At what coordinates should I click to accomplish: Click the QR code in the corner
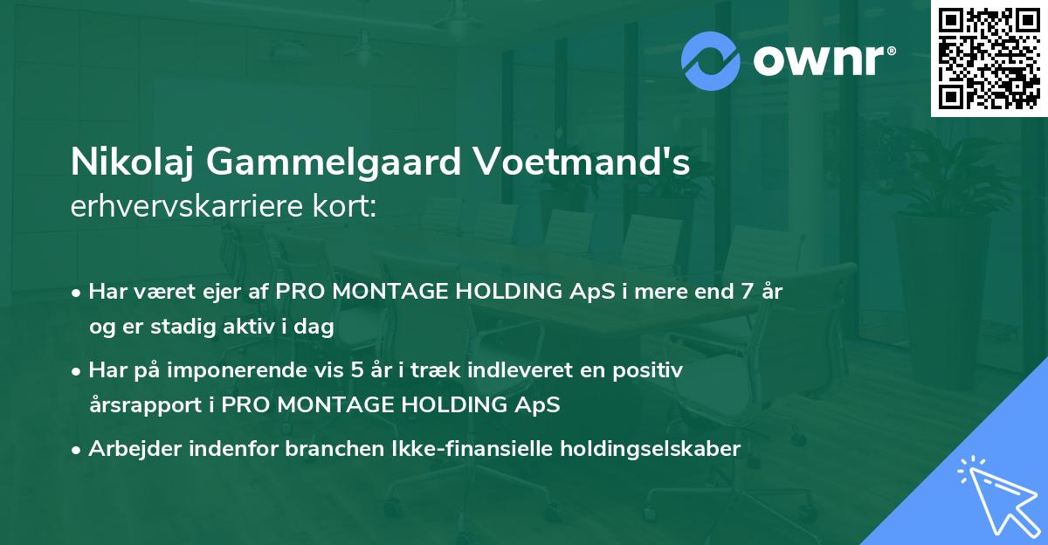[989, 58]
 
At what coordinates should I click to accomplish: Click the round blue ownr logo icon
[710, 60]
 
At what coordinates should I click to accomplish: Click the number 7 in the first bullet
[747, 292]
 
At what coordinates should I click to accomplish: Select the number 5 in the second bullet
[356, 370]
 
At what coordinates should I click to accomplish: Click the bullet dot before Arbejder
[78, 450]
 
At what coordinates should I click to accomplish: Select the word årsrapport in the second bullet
[133, 405]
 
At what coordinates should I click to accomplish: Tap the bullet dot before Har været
[78, 293]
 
